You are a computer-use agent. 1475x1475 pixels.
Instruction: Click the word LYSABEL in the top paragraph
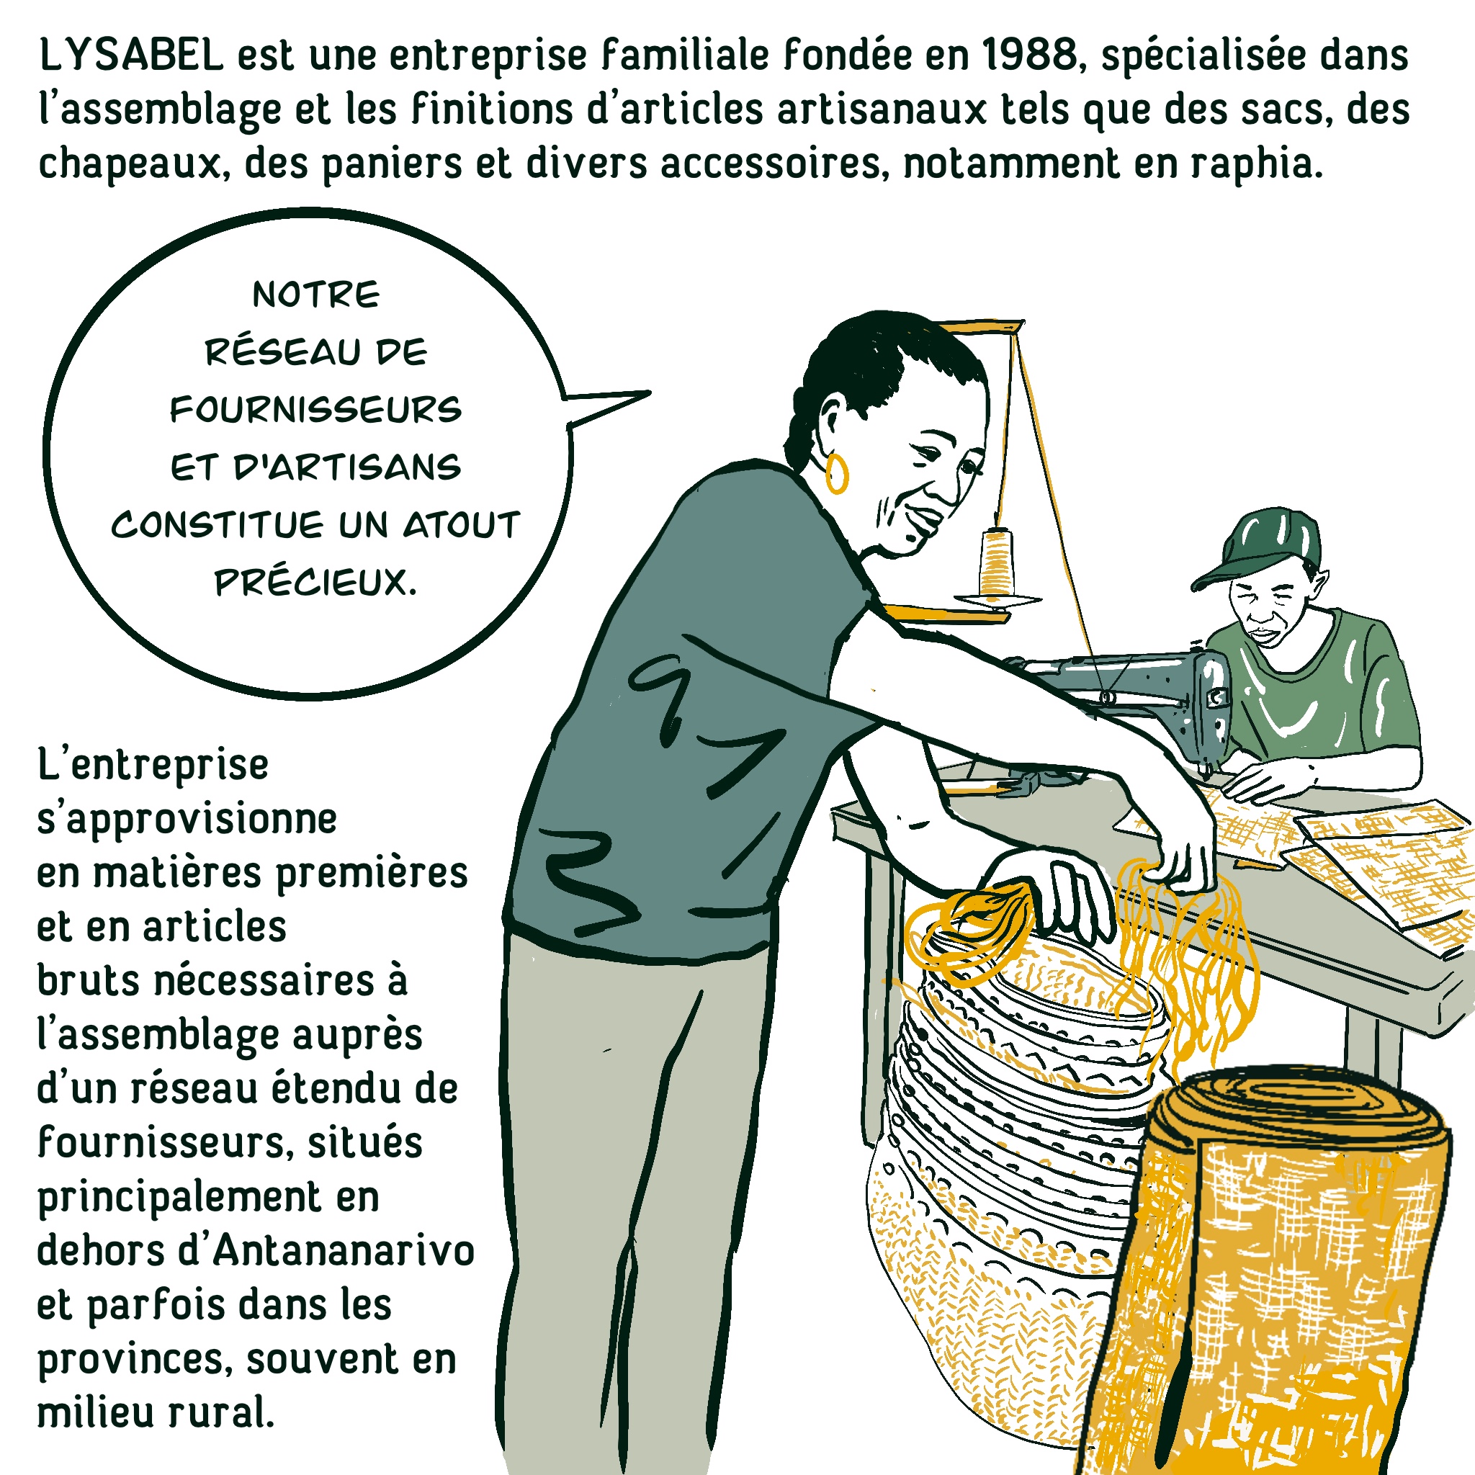pyautogui.click(x=130, y=55)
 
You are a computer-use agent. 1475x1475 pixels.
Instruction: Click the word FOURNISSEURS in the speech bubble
pyautogui.click(x=316, y=410)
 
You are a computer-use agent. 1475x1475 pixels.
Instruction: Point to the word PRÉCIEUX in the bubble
pyautogui.click(x=315, y=583)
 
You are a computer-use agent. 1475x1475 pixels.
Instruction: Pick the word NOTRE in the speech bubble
pyautogui.click(x=316, y=295)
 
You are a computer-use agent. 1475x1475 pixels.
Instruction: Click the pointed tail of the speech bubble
pyautogui.click(x=649, y=394)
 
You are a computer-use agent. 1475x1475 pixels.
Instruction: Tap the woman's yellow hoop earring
pyautogui.click(x=837, y=474)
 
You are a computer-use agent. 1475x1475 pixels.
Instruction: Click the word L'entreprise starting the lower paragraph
pyautogui.click(x=153, y=766)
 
